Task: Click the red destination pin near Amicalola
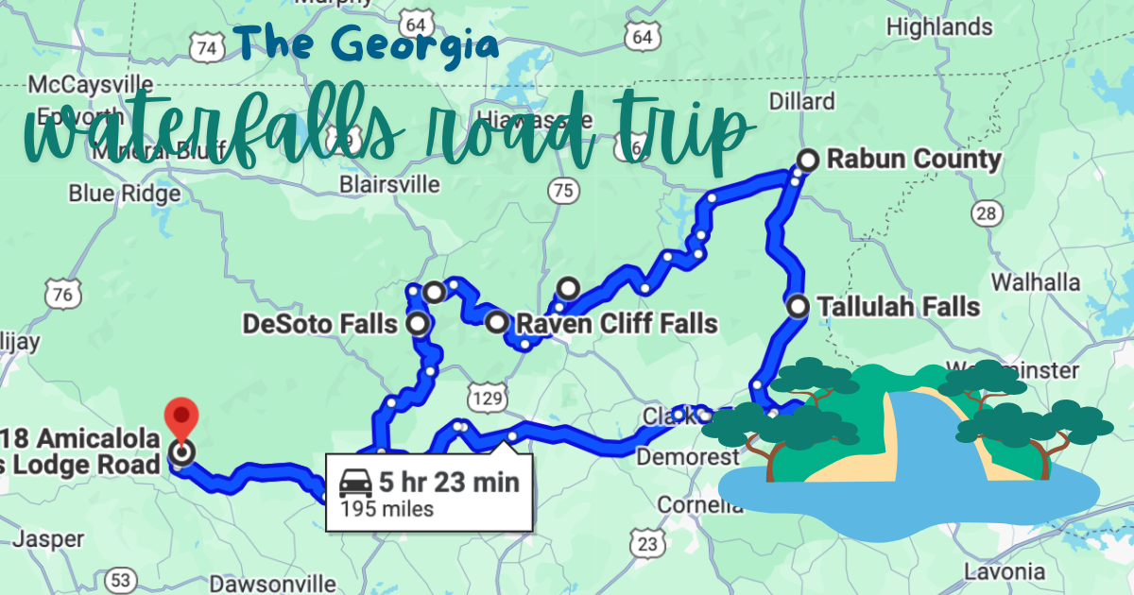coord(180,417)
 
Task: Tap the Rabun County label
coord(913,159)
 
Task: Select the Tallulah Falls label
coord(898,306)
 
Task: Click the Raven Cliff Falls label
coord(615,325)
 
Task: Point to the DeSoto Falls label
coord(319,325)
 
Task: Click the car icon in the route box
coord(354,483)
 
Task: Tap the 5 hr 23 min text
coord(449,482)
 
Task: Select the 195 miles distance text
coord(380,509)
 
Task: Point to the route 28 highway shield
coord(986,213)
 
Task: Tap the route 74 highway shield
coord(207,47)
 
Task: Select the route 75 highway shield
coord(562,191)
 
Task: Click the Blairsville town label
coord(390,183)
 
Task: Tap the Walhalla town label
coord(1035,281)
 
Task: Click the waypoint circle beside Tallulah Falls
coord(799,306)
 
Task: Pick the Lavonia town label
coord(1004,571)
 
